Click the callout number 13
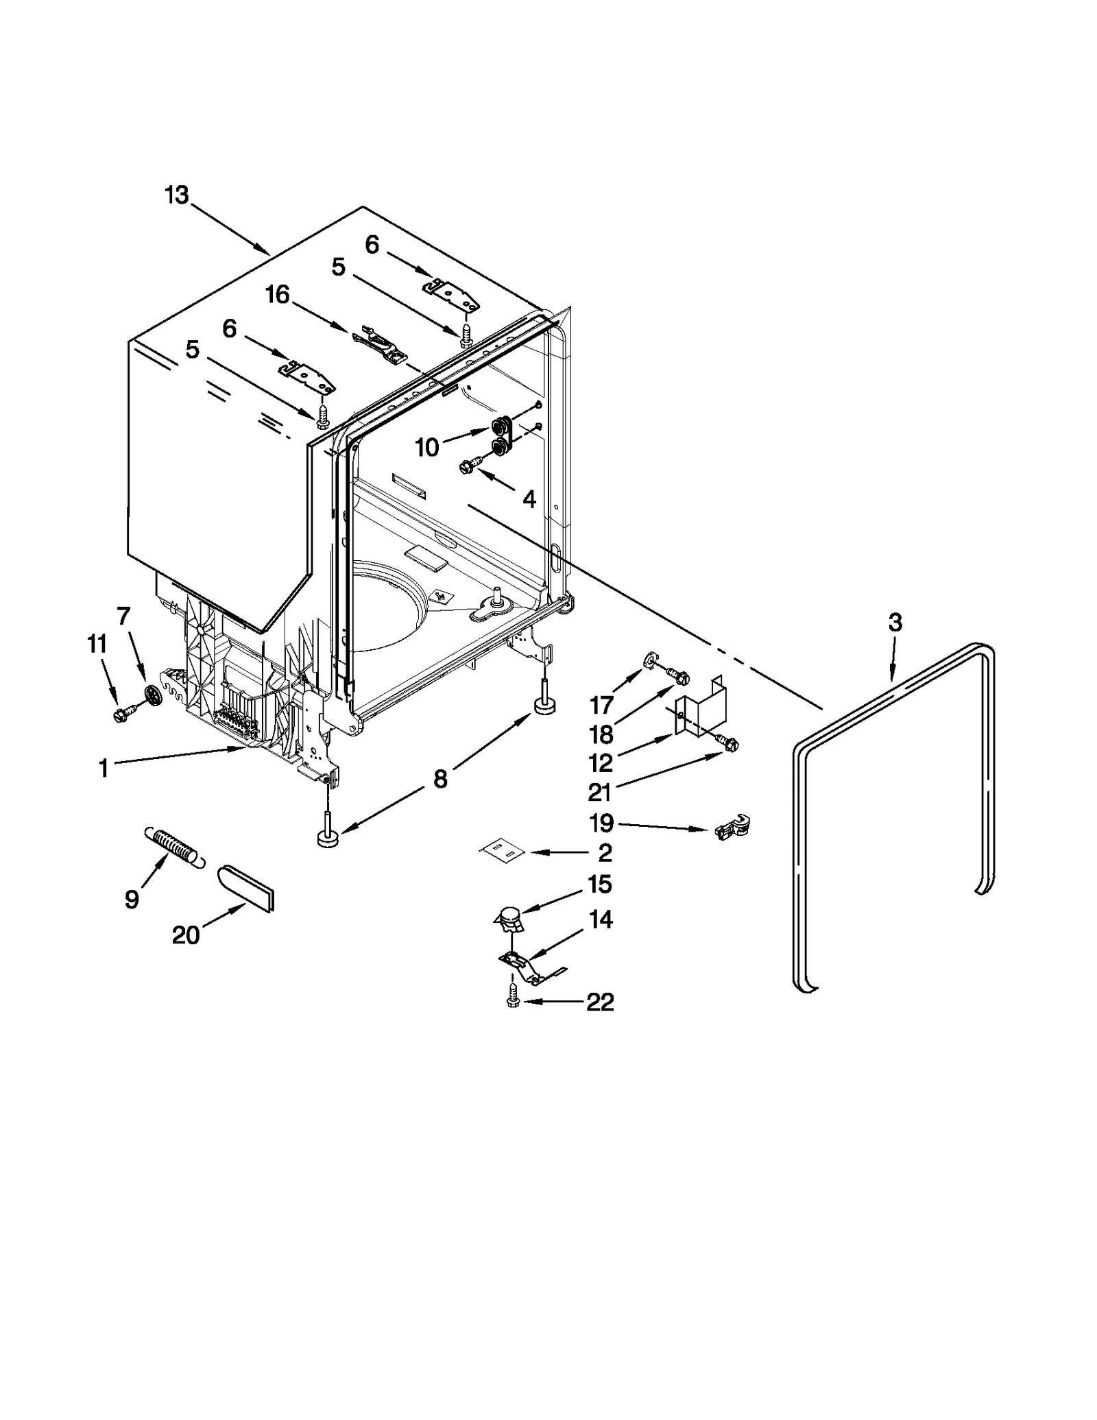176,195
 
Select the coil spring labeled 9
174,849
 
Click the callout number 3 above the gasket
895,623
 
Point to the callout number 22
600,1002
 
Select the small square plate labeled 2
502,851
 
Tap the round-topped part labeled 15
508,917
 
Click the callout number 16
278,295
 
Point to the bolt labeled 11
123,715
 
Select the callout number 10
426,448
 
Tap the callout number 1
104,769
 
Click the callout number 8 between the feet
439,778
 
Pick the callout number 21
599,792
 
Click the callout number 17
601,706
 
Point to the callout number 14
601,919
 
